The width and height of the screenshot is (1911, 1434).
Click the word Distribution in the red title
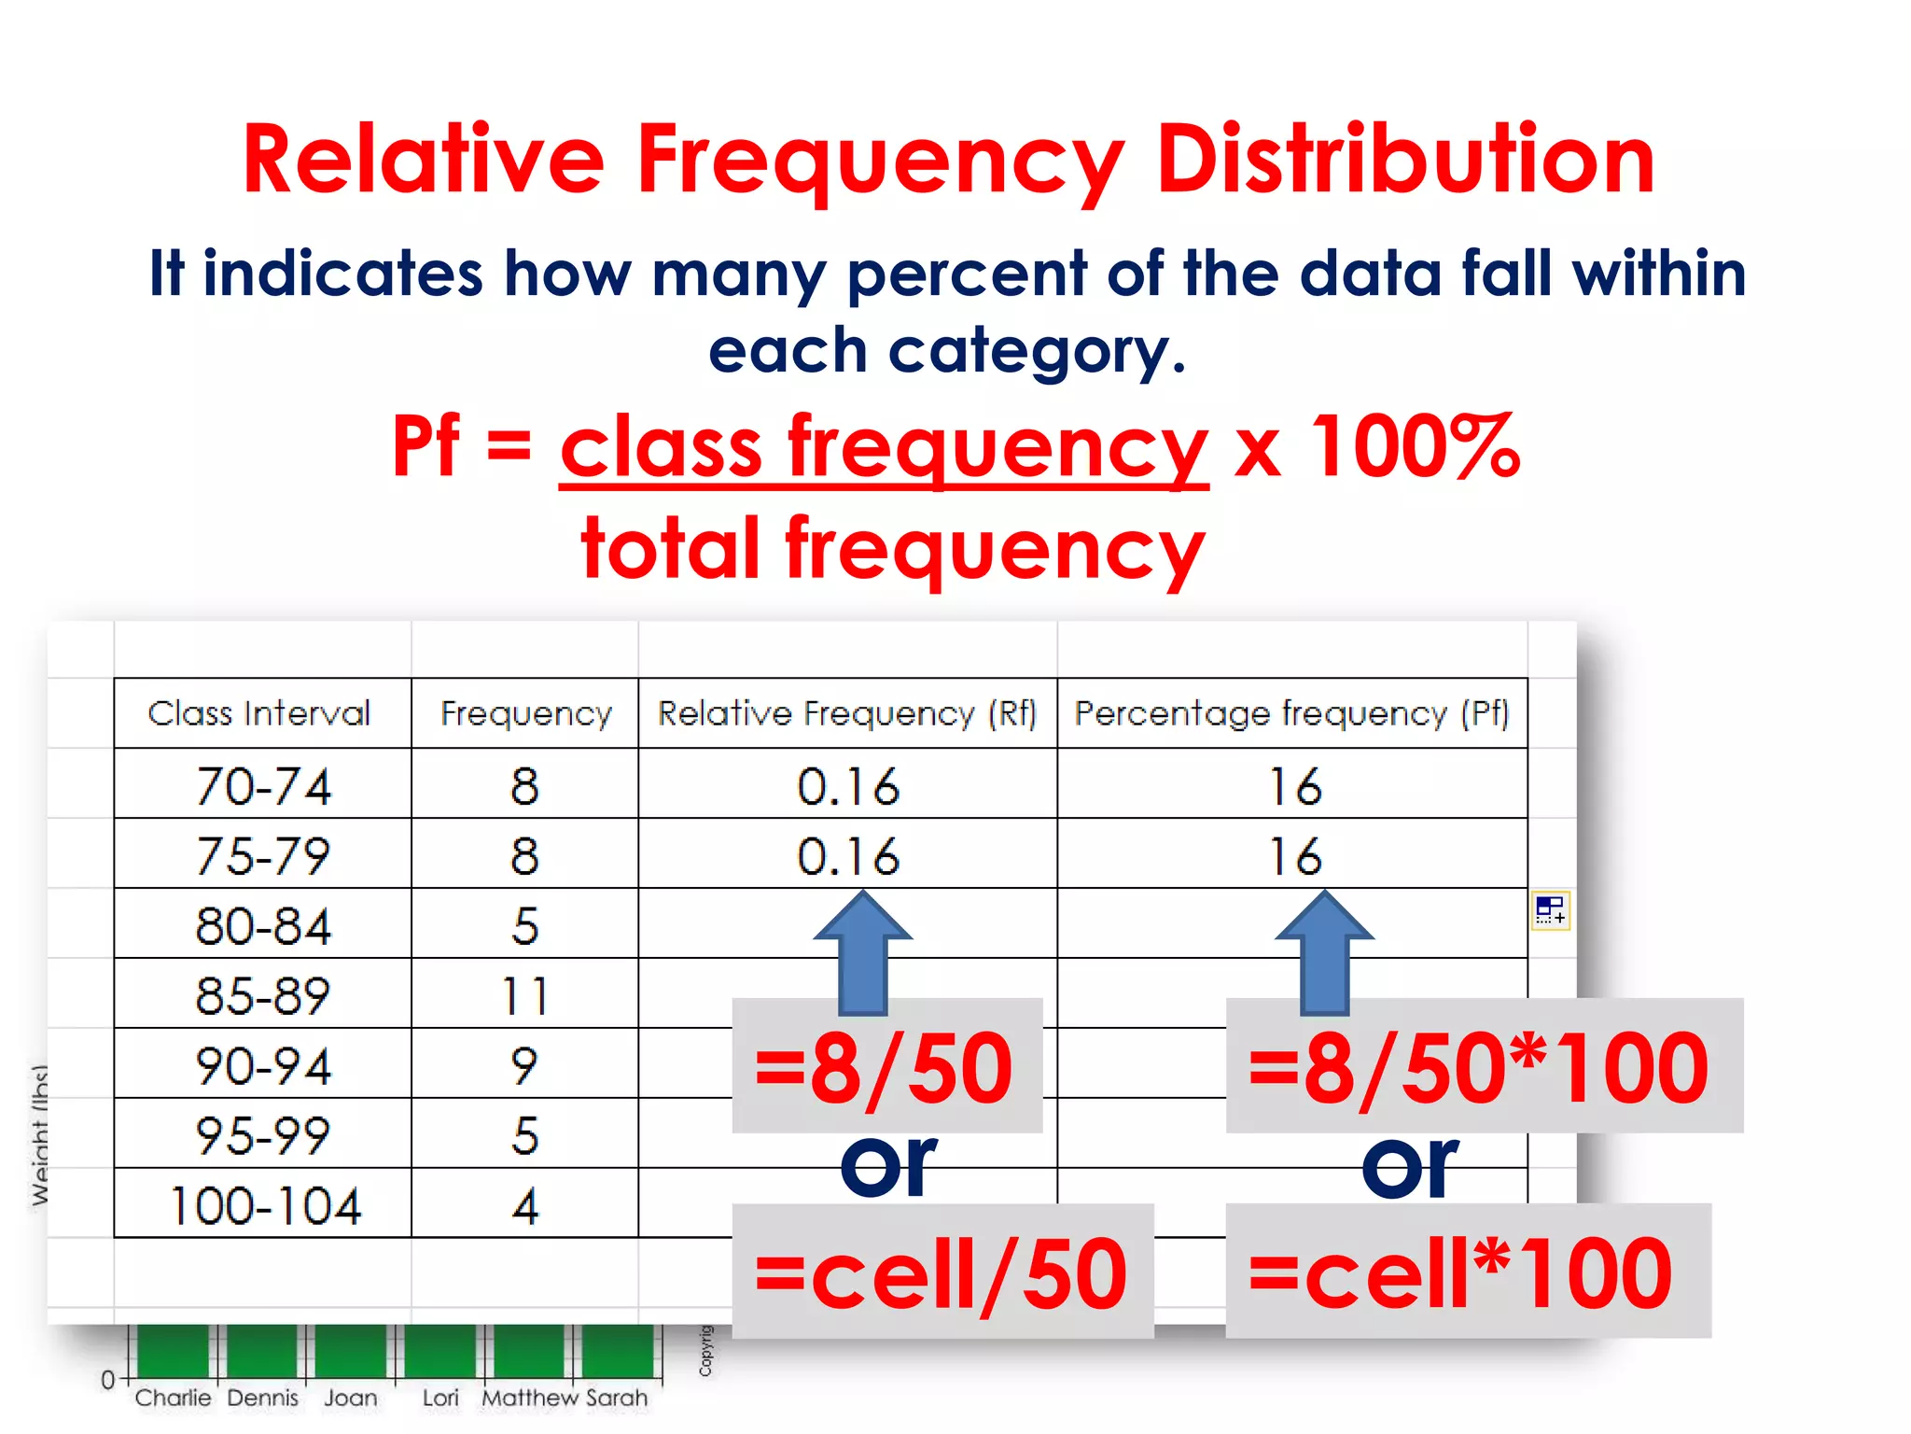pos(1404,161)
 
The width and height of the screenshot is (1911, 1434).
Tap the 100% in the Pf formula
pos(1415,446)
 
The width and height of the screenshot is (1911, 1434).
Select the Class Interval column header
pos(259,713)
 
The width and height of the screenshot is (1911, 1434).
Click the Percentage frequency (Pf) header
pos(1291,713)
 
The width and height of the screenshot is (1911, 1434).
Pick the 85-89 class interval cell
pos(262,995)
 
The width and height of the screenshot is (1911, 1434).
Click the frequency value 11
pos(524,995)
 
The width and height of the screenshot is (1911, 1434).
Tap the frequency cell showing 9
pos(524,1065)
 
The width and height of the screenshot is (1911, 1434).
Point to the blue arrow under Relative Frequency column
pos(863,951)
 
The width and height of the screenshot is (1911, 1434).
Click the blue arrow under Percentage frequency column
pos(1324,951)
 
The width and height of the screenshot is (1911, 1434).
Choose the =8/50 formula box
pos(886,1066)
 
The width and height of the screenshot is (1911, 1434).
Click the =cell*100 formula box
pos(1467,1272)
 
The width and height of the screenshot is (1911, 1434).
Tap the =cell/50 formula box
pos(942,1272)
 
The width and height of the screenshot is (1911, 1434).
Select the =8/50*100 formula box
pos(1484,1066)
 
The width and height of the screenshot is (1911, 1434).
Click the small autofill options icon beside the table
pos(1550,909)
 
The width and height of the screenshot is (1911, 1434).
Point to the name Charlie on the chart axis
pos(173,1398)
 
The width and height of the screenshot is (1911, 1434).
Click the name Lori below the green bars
pos(440,1398)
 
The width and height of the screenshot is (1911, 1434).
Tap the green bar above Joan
pos(351,1350)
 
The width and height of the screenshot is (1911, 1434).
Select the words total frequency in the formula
pos(892,549)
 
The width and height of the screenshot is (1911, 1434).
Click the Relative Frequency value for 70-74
pos(847,786)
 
